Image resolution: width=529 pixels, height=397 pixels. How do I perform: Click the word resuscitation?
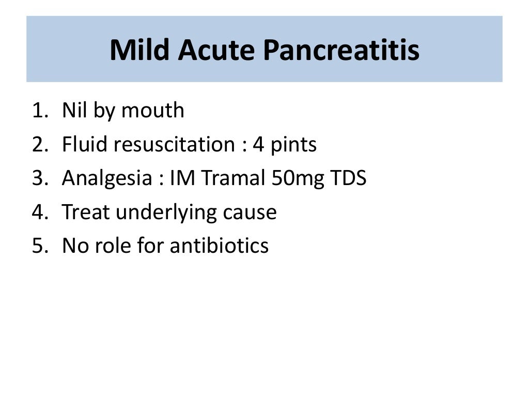pyautogui.click(x=174, y=145)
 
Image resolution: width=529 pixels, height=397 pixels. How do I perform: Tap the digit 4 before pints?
pyautogui.click(x=258, y=145)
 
